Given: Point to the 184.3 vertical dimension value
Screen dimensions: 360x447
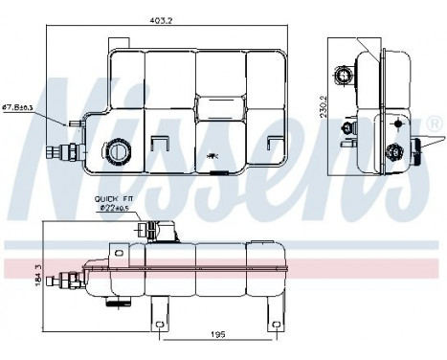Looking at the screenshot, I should pos(37,276).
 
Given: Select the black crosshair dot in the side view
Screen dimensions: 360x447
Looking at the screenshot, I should pos(397,124).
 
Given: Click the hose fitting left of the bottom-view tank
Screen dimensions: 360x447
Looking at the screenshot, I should pos(68,281).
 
